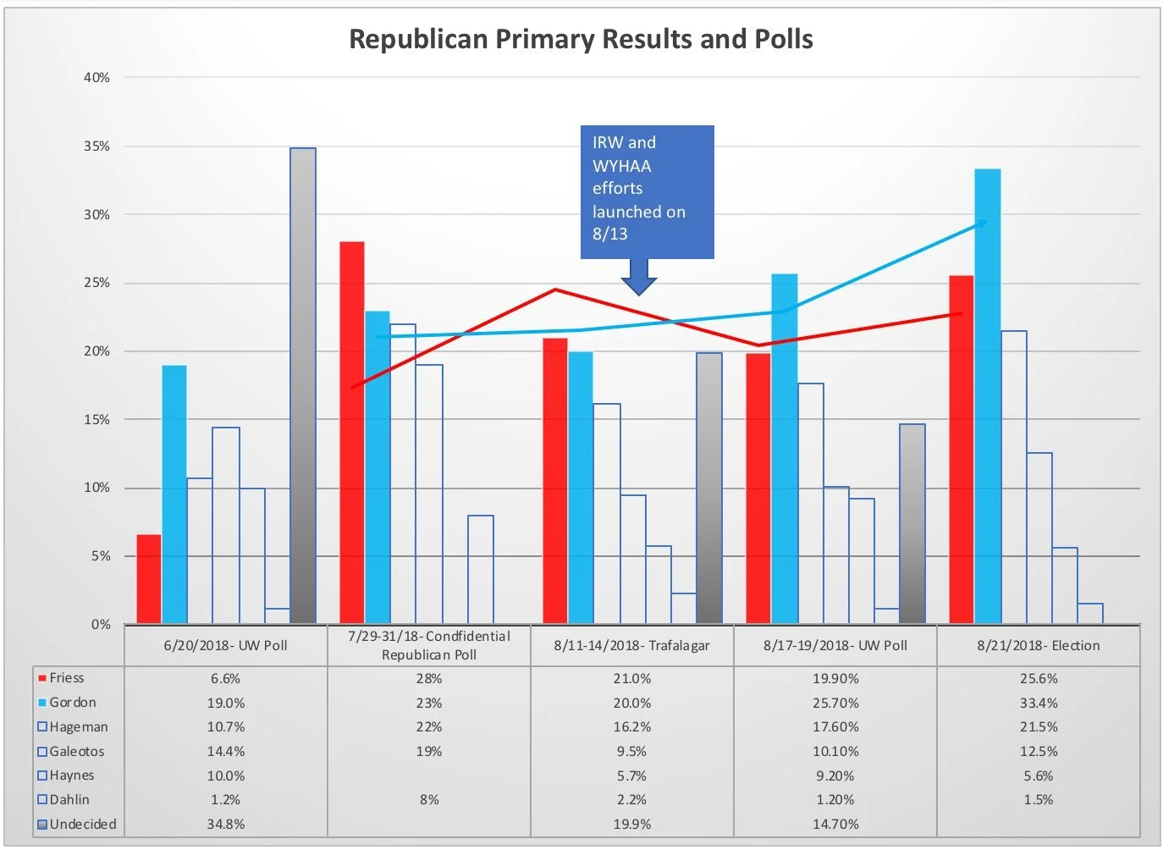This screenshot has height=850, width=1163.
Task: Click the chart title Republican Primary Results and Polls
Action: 581,39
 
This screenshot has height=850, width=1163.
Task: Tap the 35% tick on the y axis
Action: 96,146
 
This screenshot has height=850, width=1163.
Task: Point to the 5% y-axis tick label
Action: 100,556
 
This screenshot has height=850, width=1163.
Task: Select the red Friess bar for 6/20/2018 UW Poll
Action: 149,580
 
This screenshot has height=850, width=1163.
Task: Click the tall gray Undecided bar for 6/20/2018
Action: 303,385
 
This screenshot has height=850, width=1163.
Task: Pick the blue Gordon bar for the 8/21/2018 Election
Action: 987,396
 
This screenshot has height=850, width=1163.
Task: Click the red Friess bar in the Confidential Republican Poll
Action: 352,433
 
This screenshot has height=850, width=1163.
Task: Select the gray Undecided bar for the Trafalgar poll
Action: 709,488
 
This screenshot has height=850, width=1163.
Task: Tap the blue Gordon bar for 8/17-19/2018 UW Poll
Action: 784,449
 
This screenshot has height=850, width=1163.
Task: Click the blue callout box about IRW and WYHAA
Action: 647,191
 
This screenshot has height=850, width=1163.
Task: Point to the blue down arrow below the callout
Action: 639,278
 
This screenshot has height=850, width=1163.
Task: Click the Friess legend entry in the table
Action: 66,678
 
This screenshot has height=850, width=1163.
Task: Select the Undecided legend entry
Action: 82,824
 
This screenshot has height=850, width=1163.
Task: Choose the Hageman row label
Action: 78,726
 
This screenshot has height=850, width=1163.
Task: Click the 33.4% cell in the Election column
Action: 1038,703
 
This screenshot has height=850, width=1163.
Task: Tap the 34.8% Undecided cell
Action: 225,824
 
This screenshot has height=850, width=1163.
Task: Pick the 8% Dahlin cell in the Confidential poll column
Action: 429,799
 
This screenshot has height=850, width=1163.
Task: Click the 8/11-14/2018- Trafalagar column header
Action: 631,645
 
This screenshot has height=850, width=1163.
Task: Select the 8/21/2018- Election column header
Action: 1038,645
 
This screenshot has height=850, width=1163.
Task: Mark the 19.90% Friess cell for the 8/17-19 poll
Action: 835,678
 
